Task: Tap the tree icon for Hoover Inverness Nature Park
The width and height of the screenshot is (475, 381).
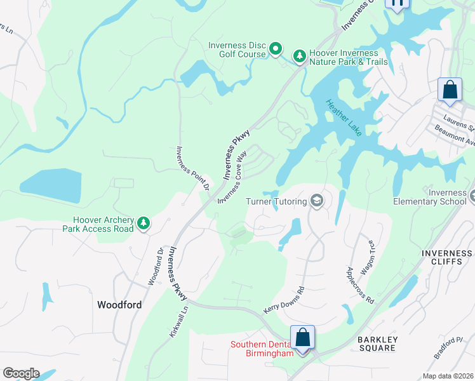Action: tap(298, 57)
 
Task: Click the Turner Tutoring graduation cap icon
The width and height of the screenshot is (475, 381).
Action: tap(316, 201)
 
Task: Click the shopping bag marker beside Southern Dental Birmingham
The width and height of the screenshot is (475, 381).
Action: tap(303, 337)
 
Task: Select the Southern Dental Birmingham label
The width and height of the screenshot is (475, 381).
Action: tap(261, 349)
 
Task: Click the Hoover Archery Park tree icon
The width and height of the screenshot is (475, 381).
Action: tap(144, 223)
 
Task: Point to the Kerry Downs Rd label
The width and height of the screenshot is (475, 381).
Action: tap(284, 300)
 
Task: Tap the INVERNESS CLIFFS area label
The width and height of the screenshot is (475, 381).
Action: tap(446, 258)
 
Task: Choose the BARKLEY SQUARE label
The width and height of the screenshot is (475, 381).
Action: tap(377, 344)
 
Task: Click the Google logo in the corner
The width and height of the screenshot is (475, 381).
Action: tap(21, 373)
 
